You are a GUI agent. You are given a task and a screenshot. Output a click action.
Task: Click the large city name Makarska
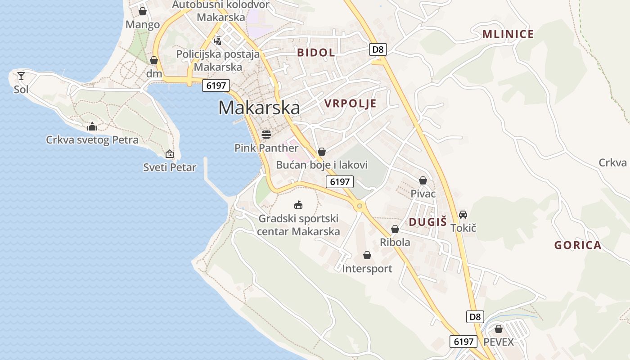[259, 108]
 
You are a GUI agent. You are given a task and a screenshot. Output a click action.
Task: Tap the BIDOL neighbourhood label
[316, 53]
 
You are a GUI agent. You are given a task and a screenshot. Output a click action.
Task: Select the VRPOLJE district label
[350, 104]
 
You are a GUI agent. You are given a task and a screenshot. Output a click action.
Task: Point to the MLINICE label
[508, 34]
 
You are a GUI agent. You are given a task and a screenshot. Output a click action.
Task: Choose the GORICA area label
[578, 245]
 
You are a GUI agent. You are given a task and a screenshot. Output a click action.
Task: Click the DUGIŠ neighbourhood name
[427, 221]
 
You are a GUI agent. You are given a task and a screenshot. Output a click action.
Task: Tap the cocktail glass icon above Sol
[21, 76]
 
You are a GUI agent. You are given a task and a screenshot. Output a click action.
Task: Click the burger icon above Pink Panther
[266, 134]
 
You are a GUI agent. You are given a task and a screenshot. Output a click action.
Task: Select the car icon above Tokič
[463, 215]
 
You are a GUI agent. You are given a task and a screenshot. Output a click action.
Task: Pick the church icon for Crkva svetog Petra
[92, 126]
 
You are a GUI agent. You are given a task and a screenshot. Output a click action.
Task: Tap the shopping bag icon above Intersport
[367, 256]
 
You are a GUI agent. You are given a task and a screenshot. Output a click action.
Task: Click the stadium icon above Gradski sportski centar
[298, 205]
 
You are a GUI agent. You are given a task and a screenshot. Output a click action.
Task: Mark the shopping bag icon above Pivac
[423, 180]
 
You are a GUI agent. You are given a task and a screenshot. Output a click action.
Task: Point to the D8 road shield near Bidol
[378, 49]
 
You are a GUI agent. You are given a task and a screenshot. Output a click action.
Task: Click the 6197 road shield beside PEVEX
[463, 342]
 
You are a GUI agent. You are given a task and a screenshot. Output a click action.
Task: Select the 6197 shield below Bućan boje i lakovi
[340, 182]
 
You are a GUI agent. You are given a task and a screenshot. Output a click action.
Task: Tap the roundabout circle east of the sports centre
[359, 206]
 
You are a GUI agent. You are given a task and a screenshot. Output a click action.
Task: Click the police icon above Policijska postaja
[218, 41]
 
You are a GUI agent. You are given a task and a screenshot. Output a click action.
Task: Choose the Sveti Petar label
[170, 167]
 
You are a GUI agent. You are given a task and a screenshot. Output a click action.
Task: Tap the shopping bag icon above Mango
[143, 11]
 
